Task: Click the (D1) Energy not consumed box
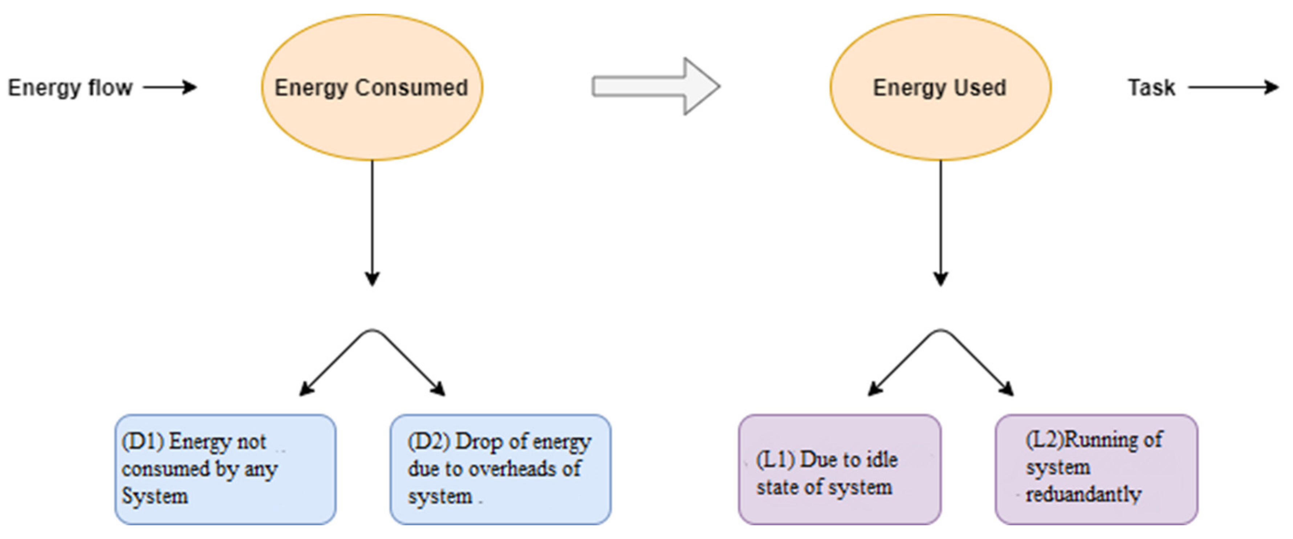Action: click(225, 469)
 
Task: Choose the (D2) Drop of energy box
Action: click(500, 469)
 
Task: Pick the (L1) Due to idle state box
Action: click(839, 469)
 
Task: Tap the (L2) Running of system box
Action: click(1096, 469)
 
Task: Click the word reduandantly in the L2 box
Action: click(1083, 495)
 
